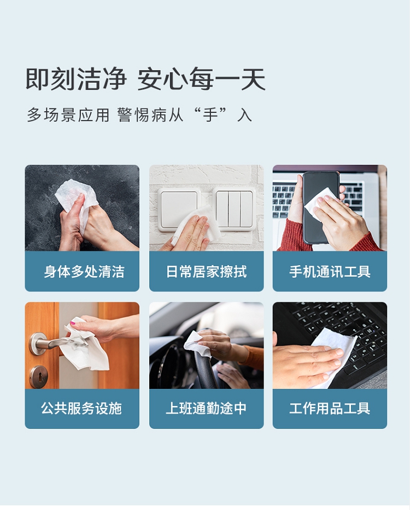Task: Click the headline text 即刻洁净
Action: [x=76, y=79]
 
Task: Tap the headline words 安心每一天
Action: [x=201, y=79]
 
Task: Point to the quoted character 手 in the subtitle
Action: [x=210, y=115]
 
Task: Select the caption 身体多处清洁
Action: [x=84, y=272]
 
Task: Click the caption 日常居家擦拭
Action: [x=207, y=272]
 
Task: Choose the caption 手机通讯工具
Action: [x=330, y=272]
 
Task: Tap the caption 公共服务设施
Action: [x=81, y=409]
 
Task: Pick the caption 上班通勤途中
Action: [x=207, y=409]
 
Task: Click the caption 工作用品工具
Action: [x=330, y=409]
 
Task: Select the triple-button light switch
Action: [x=234, y=208]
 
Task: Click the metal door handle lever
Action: [x=55, y=342]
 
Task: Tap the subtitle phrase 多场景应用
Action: [x=68, y=115]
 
